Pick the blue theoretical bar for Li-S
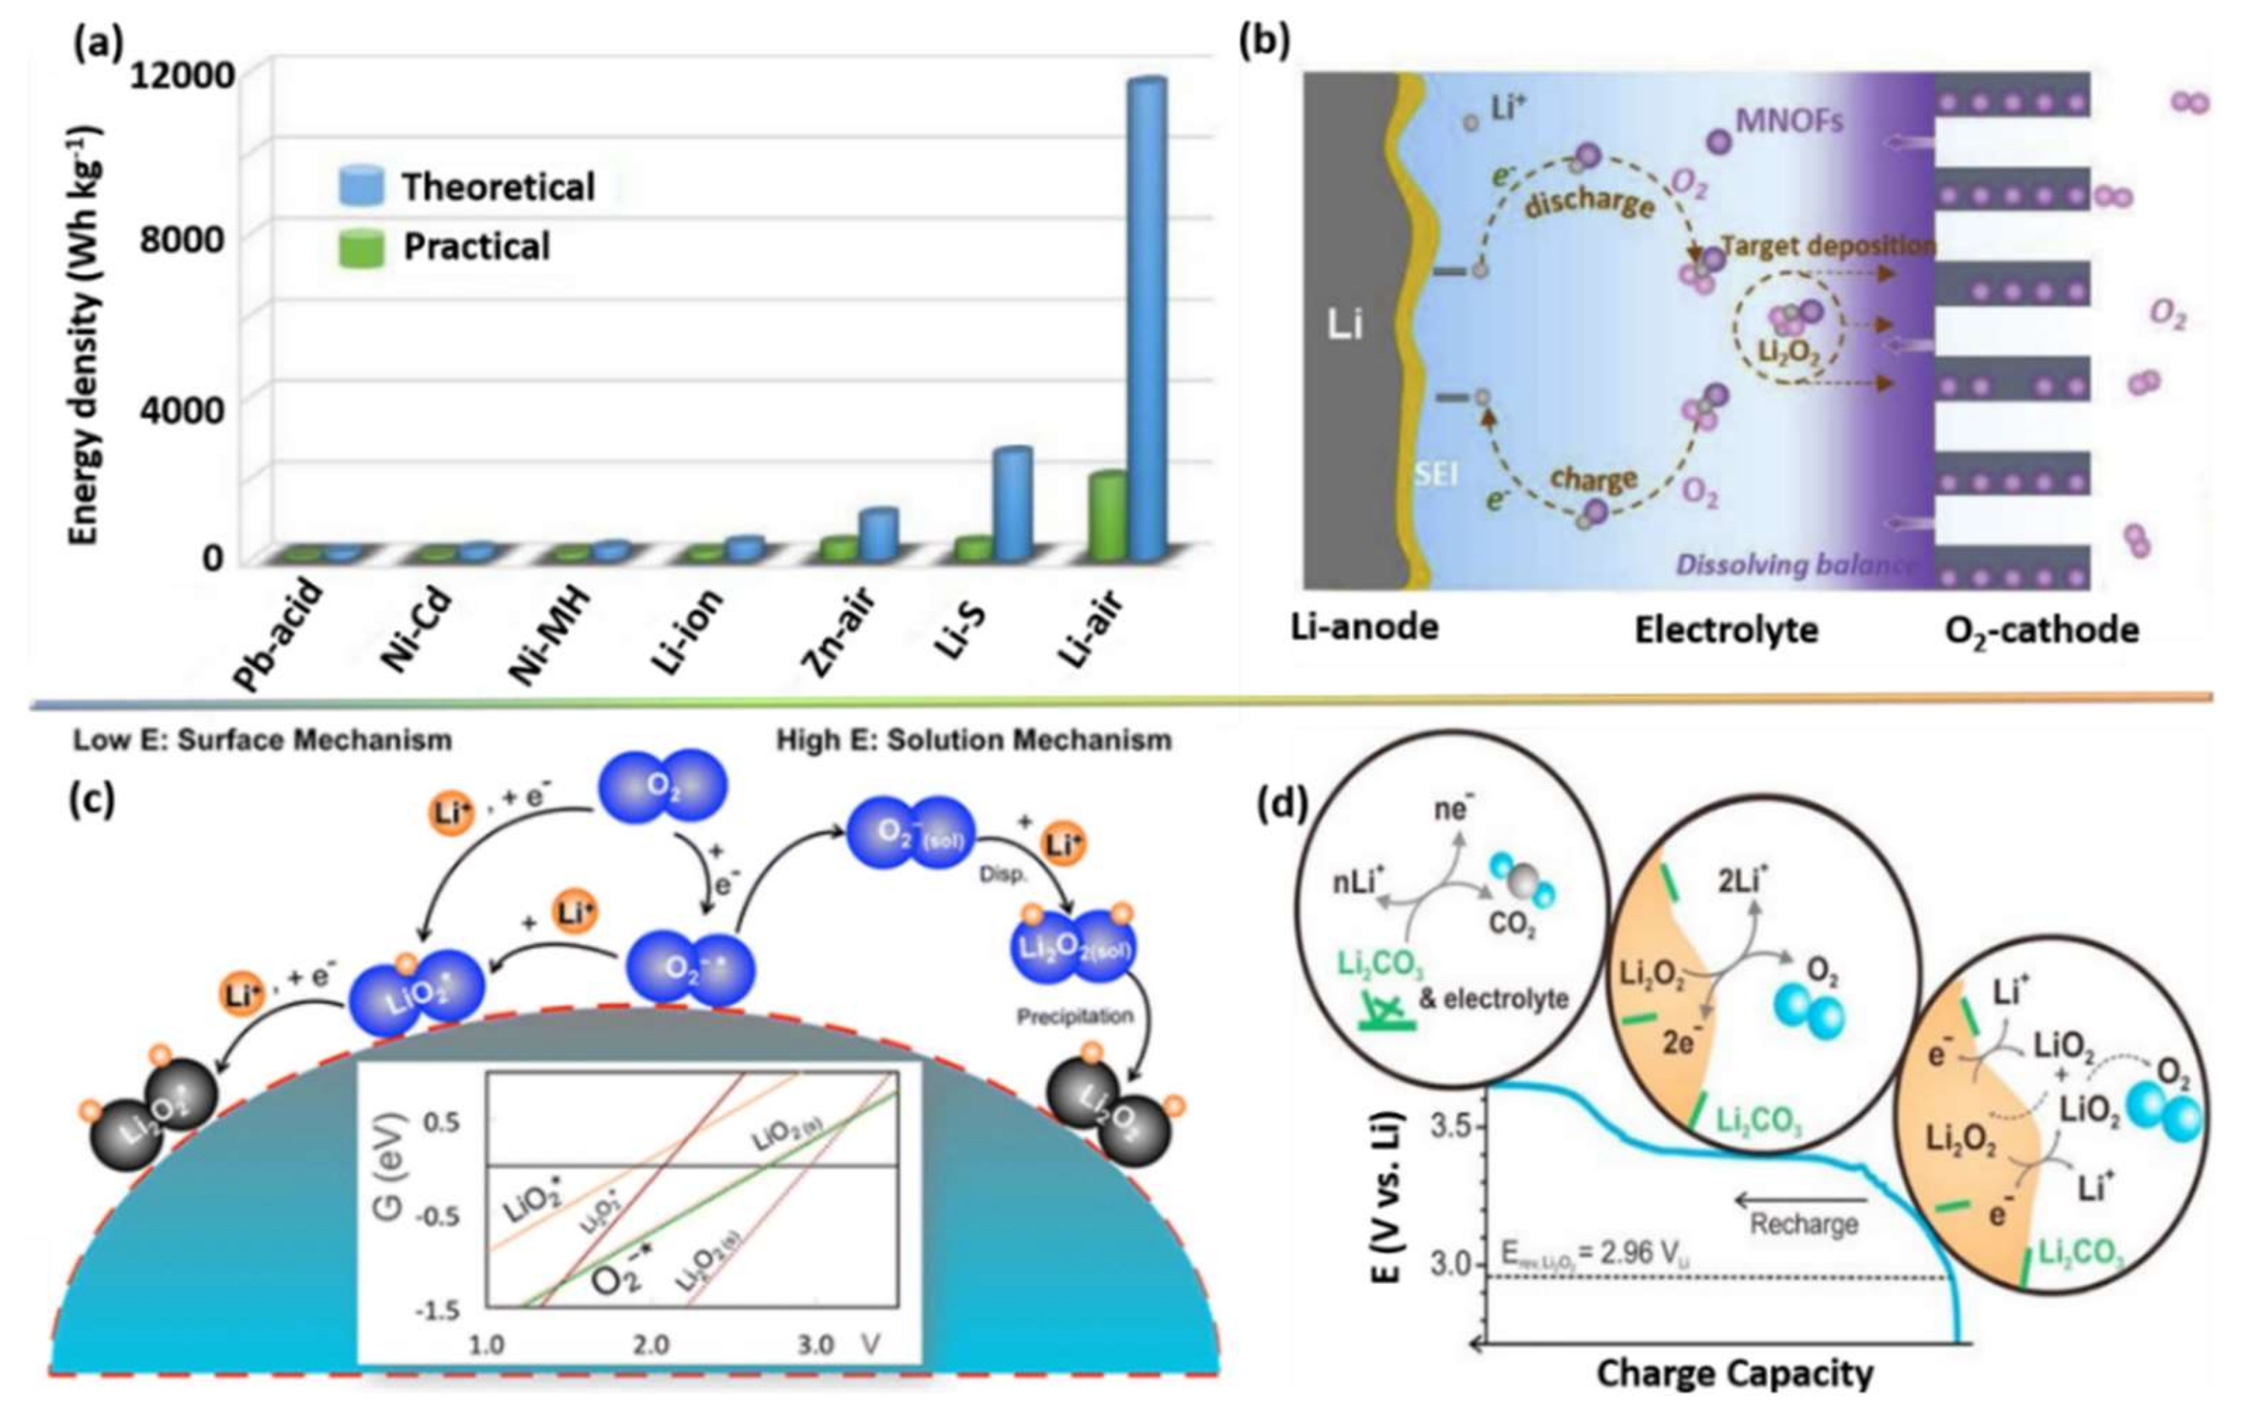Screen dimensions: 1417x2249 (1011, 504)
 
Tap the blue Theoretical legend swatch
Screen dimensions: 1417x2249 (361, 186)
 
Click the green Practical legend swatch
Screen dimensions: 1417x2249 (361, 247)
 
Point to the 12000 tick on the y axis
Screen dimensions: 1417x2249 (182, 75)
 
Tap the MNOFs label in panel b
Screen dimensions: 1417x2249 (1789, 122)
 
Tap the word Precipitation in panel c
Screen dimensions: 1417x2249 (1074, 1015)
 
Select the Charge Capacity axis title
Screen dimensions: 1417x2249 (1734, 1373)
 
